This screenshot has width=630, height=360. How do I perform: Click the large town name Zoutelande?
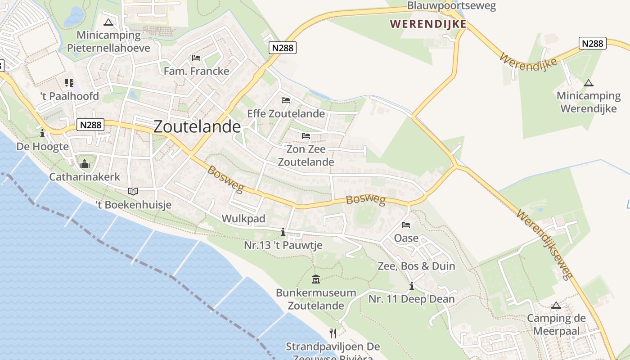tap(197, 126)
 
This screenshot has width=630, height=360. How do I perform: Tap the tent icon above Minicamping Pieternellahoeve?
tap(108, 22)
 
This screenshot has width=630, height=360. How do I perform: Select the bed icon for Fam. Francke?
tap(196, 58)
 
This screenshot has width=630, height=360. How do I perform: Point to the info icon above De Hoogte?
tap(42, 133)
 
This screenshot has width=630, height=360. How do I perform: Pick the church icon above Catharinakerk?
tap(85, 164)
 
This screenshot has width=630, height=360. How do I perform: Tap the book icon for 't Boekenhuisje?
tap(133, 192)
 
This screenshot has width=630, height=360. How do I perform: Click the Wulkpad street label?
tap(243, 219)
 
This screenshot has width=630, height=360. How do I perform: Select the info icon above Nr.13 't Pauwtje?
tap(283, 232)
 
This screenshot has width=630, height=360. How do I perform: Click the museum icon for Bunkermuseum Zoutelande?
tap(316, 279)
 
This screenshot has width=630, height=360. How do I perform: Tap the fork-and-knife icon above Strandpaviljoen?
tap(333, 333)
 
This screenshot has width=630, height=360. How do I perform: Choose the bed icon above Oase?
tap(406, 225)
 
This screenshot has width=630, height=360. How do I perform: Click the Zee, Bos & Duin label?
tap(416, 266)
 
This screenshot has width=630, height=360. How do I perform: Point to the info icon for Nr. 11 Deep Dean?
tap(411, 286)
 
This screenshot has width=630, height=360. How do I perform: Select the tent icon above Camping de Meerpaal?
tap(556, 306)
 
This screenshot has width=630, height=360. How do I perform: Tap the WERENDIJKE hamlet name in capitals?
tap(428, 24)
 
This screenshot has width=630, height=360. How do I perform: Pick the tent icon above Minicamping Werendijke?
tap(588, 83)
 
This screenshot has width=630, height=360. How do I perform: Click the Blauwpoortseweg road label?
tap(451, 6)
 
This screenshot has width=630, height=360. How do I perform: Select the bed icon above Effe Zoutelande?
tap(286, 100)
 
